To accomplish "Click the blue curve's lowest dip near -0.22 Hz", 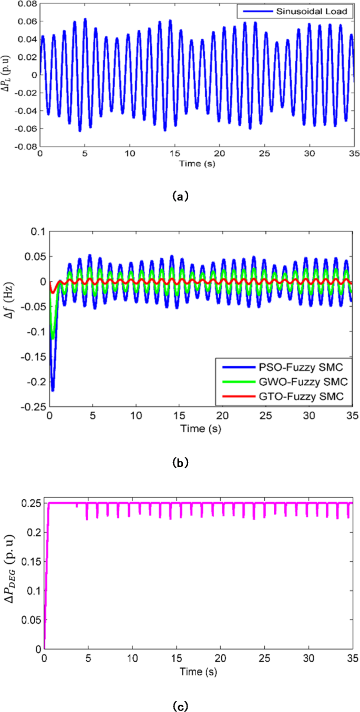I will [53, 390].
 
